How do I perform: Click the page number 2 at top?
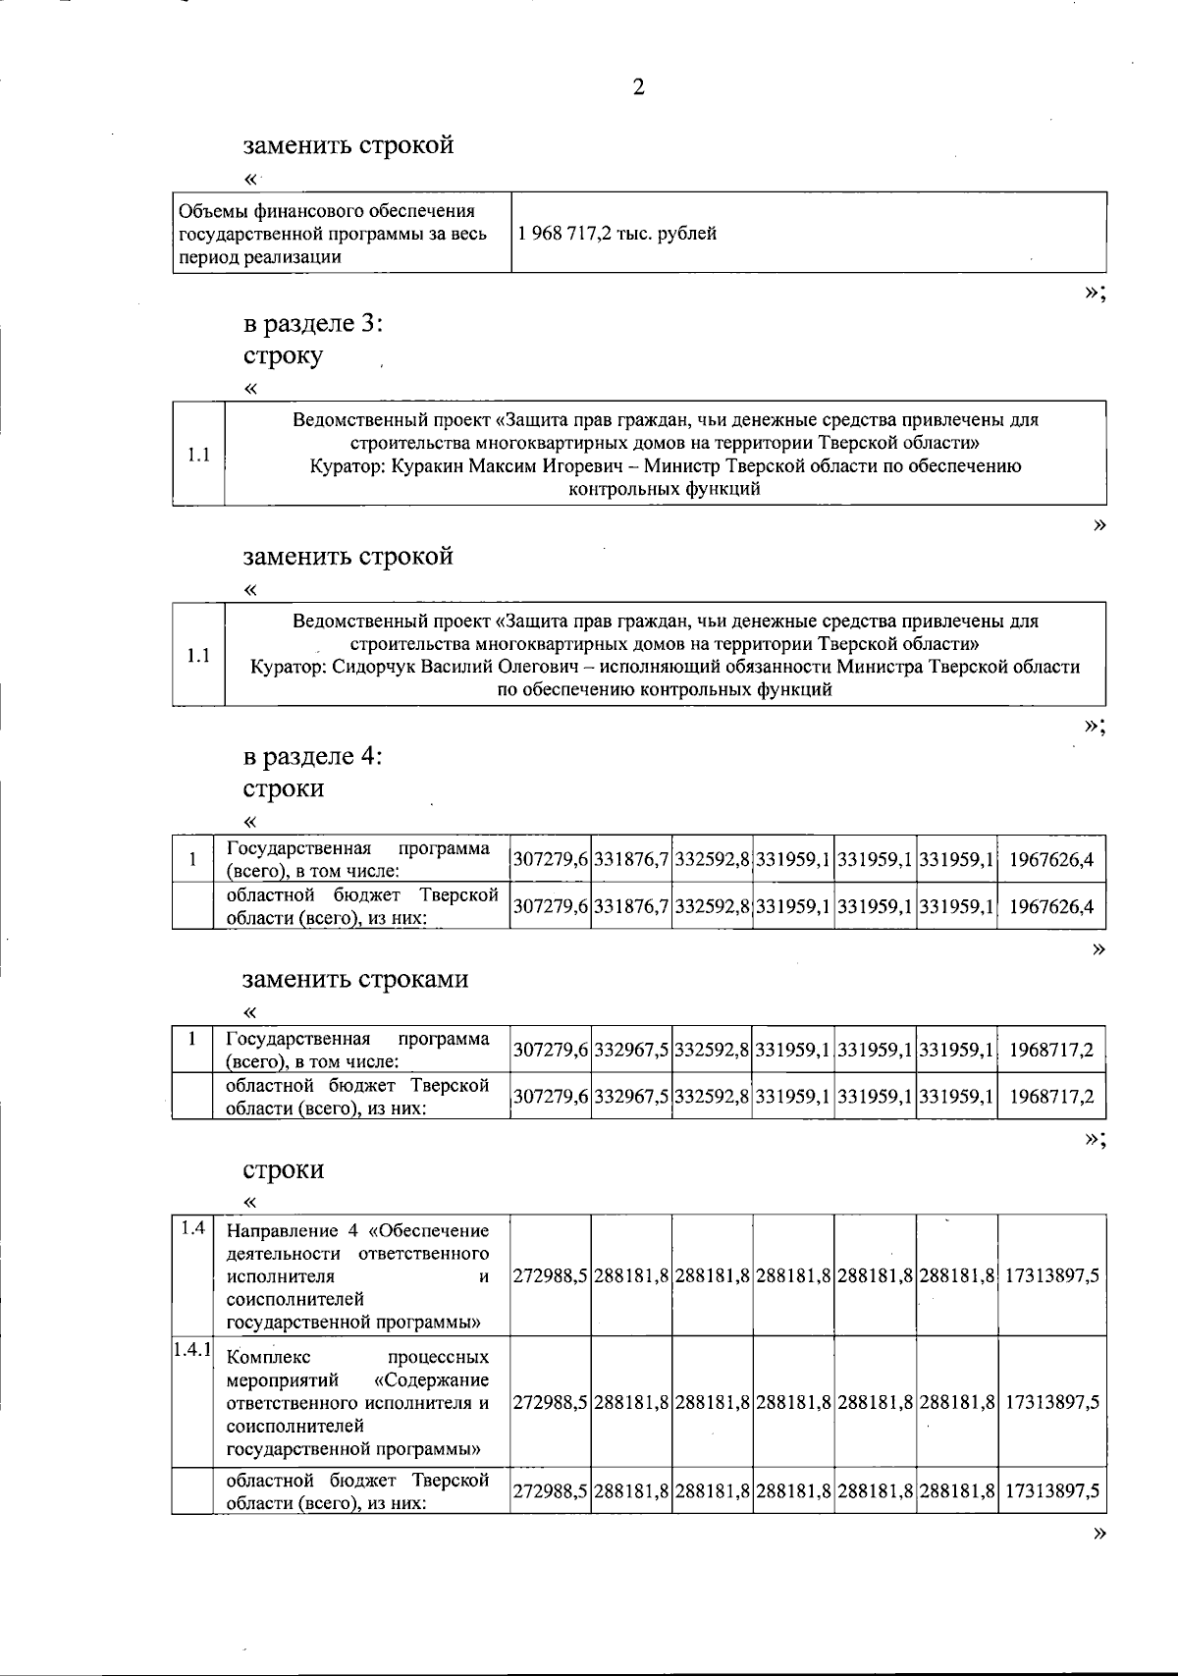[x=638, y=88]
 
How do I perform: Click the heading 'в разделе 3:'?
[x=313, y=324]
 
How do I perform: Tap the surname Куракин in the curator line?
[x=427, y=465]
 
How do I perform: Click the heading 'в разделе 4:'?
[x=313, y=757]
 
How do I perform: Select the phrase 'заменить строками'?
[x=355, y=979]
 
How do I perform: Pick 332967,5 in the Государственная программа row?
[x=632, y=1051]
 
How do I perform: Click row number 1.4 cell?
[x=193, y=1228]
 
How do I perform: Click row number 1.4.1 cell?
[x=192, y=1349]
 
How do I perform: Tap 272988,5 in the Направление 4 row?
[x=551, y=1275]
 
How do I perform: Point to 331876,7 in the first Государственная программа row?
[x=632, y=860]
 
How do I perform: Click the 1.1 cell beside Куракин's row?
[x=198, y=455]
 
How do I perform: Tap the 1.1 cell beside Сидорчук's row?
[x=198, y=655]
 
